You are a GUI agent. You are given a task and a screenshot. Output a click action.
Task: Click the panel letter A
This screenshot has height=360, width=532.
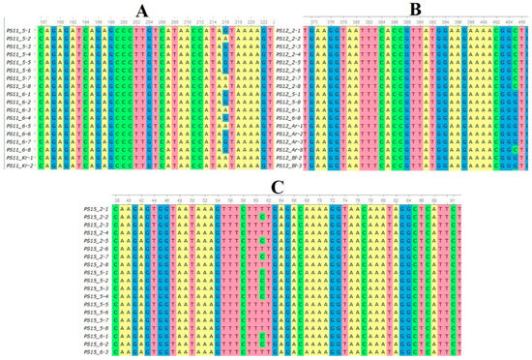coord(142,11)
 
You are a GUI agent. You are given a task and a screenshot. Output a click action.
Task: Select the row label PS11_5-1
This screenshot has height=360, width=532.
coord(18,30)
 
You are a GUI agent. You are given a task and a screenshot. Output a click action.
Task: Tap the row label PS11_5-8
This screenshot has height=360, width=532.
coord(18,85)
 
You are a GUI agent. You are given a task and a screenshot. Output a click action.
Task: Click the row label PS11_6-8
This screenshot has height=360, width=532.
coord(18,150)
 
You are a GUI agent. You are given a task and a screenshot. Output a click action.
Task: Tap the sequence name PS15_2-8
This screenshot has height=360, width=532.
coord(98,263)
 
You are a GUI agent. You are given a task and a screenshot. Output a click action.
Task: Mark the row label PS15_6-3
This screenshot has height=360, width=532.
coord(98,351)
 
